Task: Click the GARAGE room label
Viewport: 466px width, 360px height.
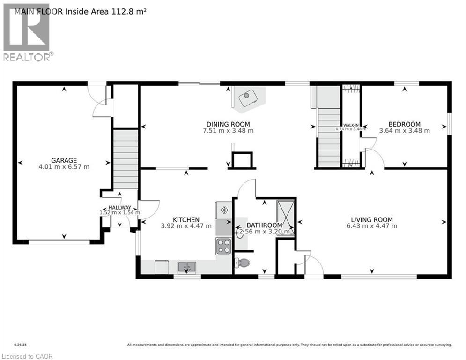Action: tap(64, 160)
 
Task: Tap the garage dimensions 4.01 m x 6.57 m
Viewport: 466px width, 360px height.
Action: tap(64, 166)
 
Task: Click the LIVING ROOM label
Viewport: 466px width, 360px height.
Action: tap(372, 219)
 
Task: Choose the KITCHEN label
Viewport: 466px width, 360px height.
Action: tap(186, 219)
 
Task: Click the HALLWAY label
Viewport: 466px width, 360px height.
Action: tap(119, 207)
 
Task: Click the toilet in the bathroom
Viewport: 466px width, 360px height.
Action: tap(242, 263)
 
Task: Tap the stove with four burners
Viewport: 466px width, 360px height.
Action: tap(223, 246)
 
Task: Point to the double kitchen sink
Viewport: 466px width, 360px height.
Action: tap(187, 267)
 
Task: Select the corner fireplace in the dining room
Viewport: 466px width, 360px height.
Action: tap(248, 99)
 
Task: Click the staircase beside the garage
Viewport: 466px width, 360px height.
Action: tap(126, 152)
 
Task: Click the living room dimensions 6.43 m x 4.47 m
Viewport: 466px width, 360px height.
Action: tap(372, 226)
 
